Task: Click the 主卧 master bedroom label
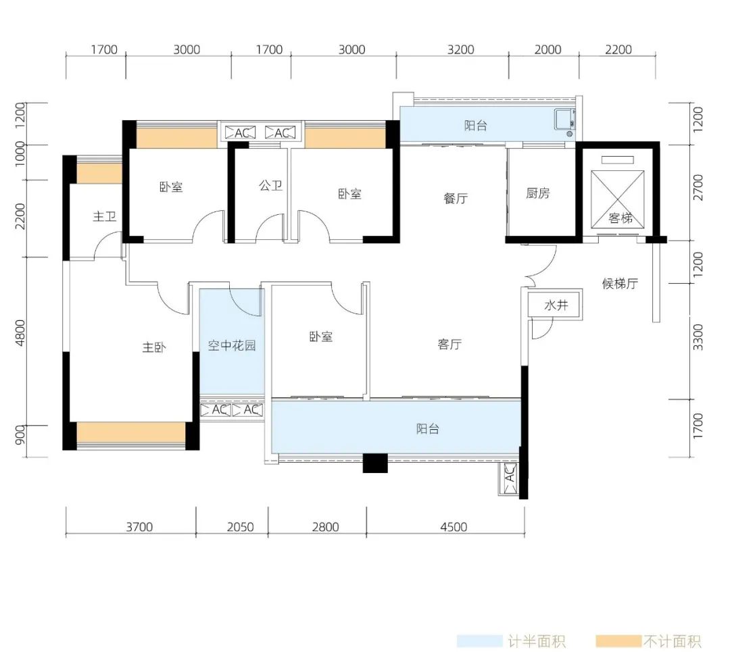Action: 154,347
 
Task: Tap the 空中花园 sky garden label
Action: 232,345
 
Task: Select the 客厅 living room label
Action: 449,344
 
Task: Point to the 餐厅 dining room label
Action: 456,198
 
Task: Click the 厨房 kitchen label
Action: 538,193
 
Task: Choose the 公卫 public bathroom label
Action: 270,186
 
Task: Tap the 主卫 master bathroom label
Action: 104,216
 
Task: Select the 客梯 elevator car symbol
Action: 618,199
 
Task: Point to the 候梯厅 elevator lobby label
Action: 620,283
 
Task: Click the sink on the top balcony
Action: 564,120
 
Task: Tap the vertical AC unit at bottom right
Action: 508,478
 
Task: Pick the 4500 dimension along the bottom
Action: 454,527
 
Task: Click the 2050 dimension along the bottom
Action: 240,527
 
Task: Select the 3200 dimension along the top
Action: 460,49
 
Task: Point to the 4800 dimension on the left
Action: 20,333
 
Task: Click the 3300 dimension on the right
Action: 698,337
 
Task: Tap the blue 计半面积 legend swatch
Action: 479,641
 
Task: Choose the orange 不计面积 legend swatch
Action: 618,641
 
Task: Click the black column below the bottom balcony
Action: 375,463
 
